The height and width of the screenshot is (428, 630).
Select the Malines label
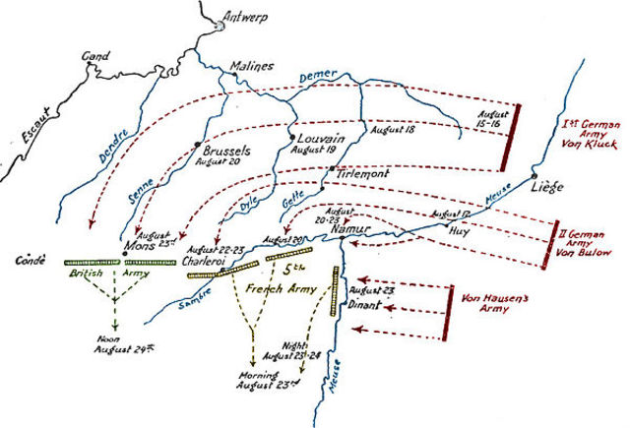tap(249, 67)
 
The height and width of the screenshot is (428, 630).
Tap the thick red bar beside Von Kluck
tap(506, 138)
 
